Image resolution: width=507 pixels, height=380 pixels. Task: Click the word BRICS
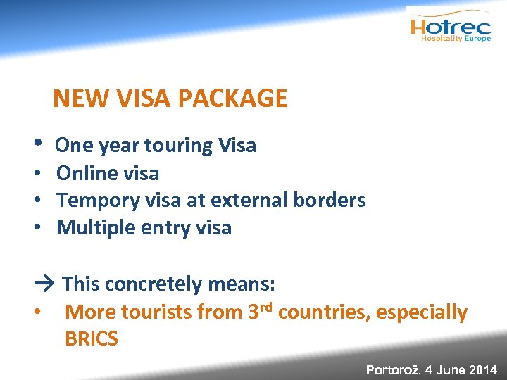coord(92,339)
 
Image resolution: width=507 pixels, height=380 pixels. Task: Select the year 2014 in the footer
coord(483,369)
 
